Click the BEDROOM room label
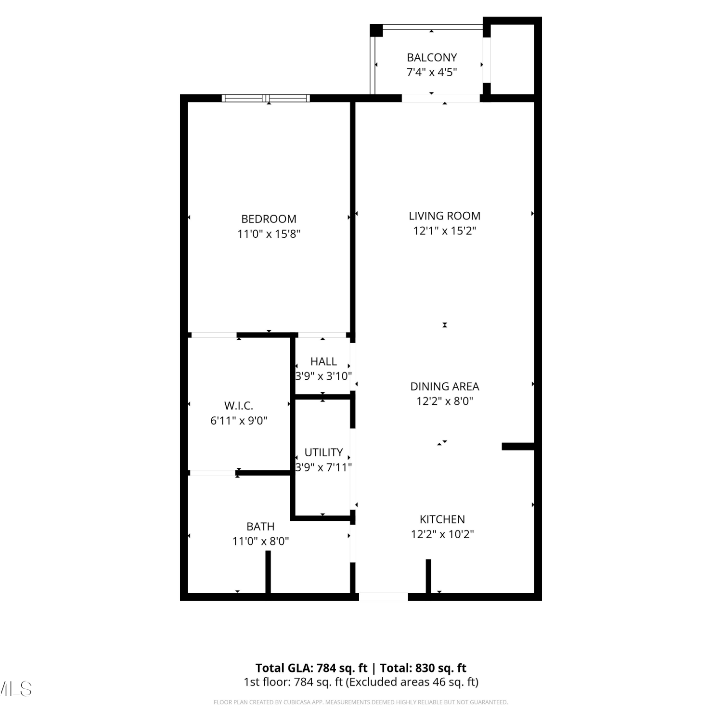pyautogui.click(x=269, y=219)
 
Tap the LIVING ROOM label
pyautogui.click(x=445, y=216)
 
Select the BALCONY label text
pyautogui.click(x=432, y=58)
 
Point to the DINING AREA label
pyautogui.click(x=445, y=387)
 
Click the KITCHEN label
pyautogui.click(x=442, y=519)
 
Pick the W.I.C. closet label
pyautogui.click(x=239, y=406)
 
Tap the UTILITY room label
pyautogui.click(x=323, y=452)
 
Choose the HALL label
pyautogui.click(x=323, y=361)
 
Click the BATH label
pyautogui.click(x=260, y=527)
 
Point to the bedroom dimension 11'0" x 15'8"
pyautogui.click(x=269, y=234)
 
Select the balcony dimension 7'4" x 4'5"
pyautogui.click(x=432, y=72)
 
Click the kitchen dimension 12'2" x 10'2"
pyautogui.click(x=442, y=534)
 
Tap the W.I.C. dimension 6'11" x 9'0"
pyautogui.click(x=239, y=421)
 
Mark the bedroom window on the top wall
pyautogui.click(x=266, y=98)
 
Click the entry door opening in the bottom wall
pyautogui.click(x=384, y=597)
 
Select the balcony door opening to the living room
pyautogui.click(x=441, y=98)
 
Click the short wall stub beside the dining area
pyautogui.click(x=518, y=447)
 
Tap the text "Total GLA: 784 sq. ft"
pyautogui.click(x=311, y=668)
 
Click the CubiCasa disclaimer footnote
pyautogui.click(x=361, y=702)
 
